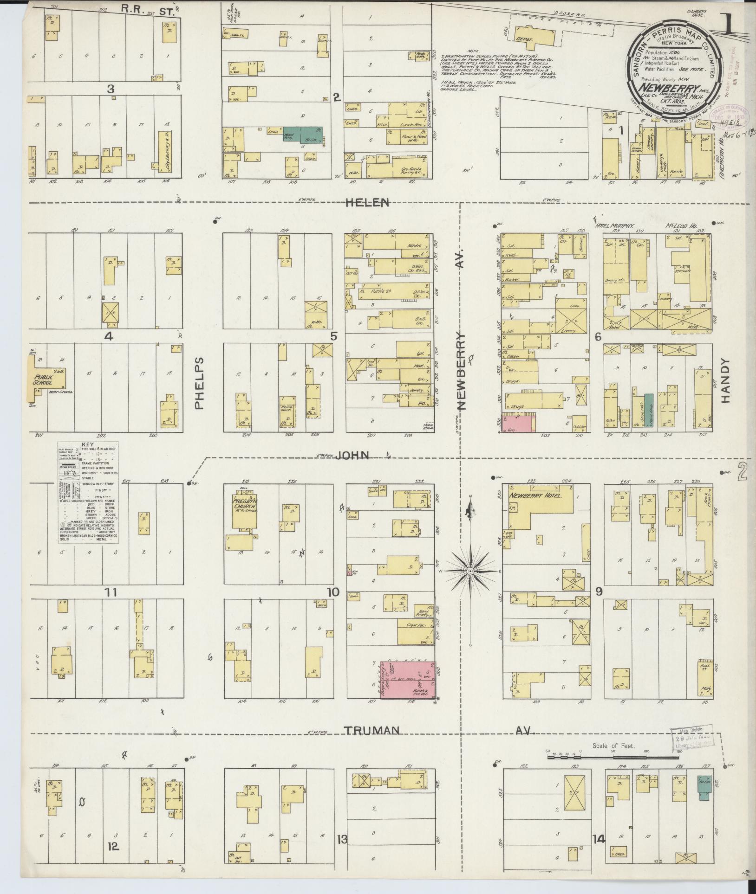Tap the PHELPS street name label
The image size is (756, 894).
point(199,383)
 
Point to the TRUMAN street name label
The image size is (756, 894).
point(372,731)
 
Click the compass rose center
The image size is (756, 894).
point(470,570)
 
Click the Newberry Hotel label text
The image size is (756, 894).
point(535,496)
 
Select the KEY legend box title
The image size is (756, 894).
point(87,444)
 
